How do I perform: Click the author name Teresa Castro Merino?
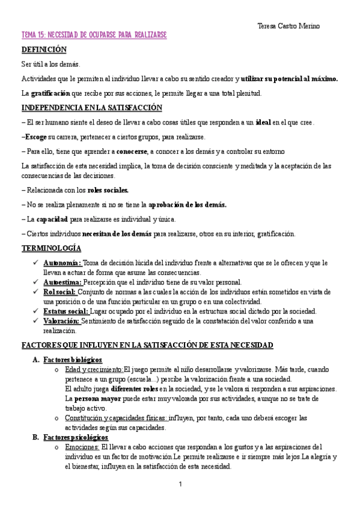point(288,26)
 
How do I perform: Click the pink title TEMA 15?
point(94,36)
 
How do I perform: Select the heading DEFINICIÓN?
point(44,50)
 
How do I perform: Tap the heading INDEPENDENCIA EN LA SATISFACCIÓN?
point(91,108)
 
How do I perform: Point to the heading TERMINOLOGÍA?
point(51,248)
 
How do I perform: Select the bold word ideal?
point(263,123)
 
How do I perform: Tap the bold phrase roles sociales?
point(108,190)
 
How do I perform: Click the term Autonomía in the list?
point(62,263)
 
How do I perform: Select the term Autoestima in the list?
point(63,282)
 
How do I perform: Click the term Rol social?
point(59,292)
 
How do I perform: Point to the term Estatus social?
point(66,311)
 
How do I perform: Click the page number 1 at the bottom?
point(180,484)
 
